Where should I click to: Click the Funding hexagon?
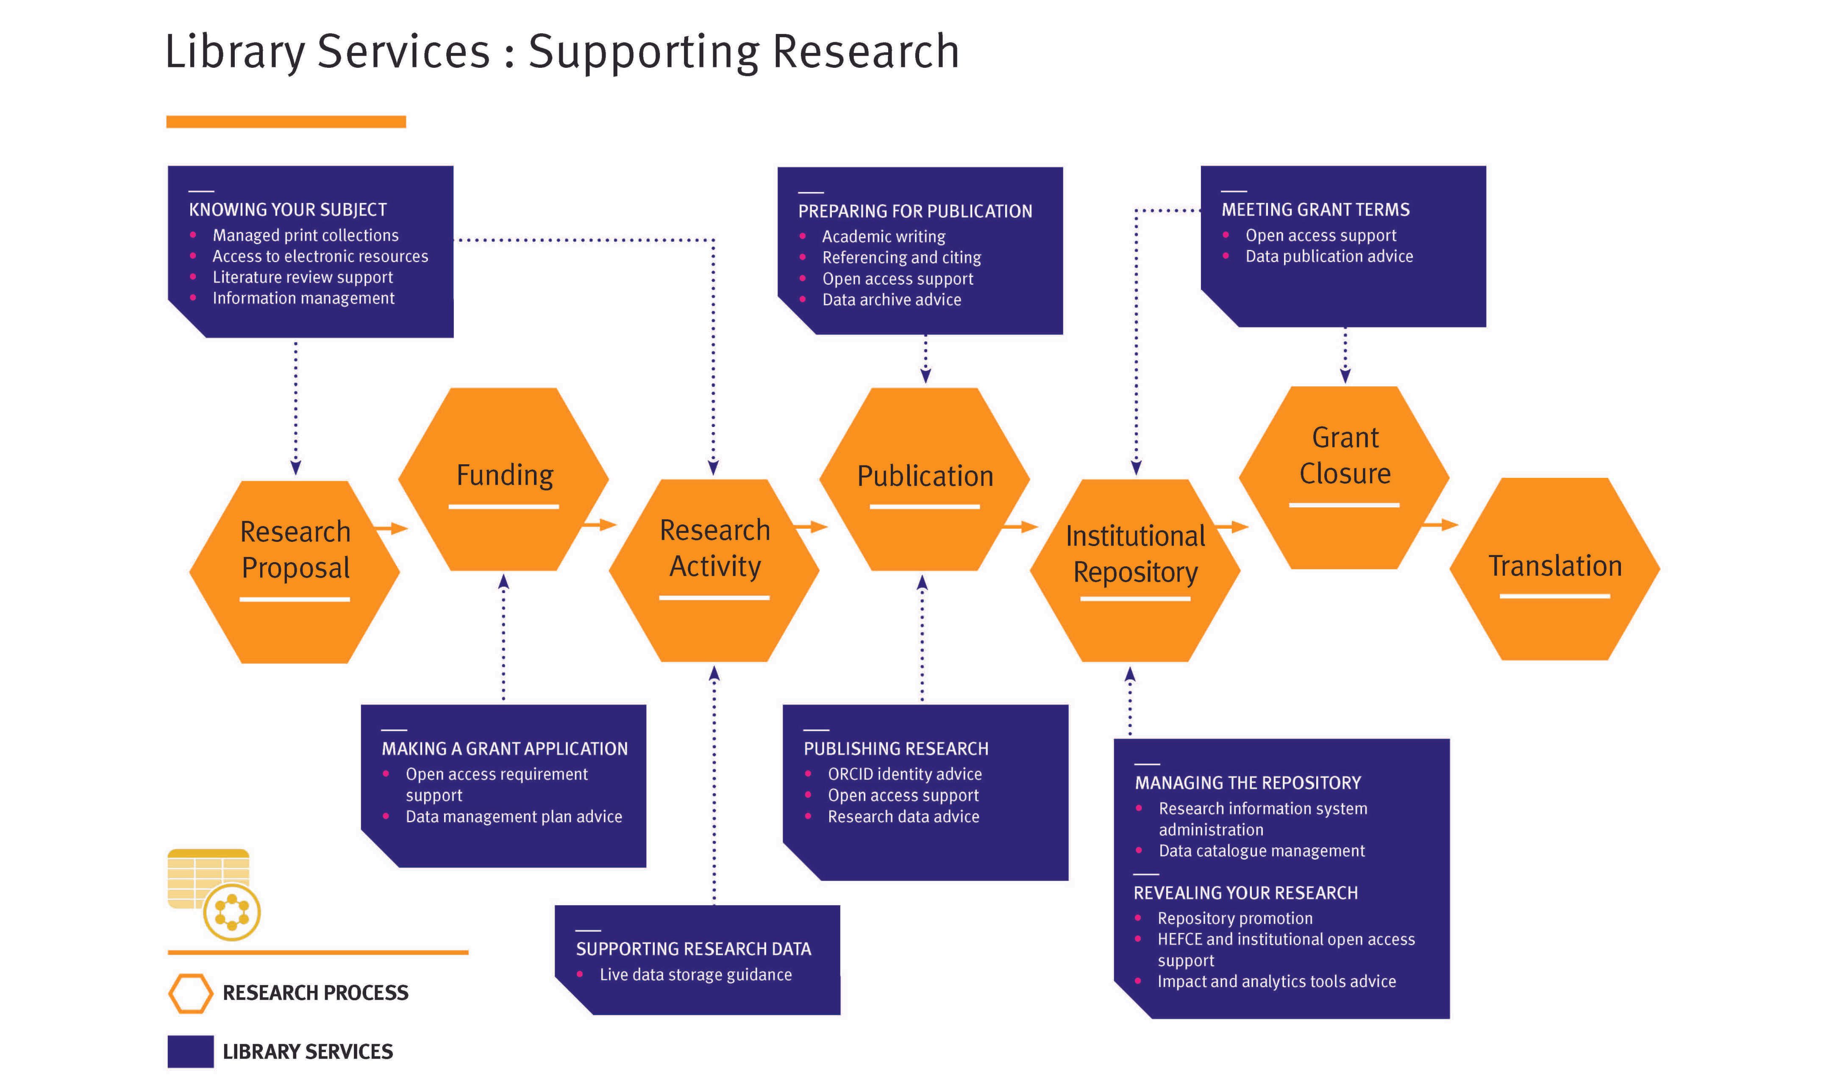(504, 479)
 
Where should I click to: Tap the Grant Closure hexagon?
(1344, 477)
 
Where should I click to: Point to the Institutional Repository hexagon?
(1135, 570)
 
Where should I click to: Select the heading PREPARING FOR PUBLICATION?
(914, 211)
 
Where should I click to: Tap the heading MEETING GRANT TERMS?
(1315, 210)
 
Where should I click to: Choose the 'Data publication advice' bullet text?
(1329, 256)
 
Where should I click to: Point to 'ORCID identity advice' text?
(904, 774)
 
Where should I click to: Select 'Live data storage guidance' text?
(695, 974)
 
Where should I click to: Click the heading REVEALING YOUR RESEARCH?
(1245, 893)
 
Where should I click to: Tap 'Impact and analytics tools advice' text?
(1276, 981)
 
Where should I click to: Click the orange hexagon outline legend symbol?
(190, 993)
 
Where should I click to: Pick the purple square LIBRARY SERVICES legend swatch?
(190, 1051)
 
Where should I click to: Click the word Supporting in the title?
(643, 52)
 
